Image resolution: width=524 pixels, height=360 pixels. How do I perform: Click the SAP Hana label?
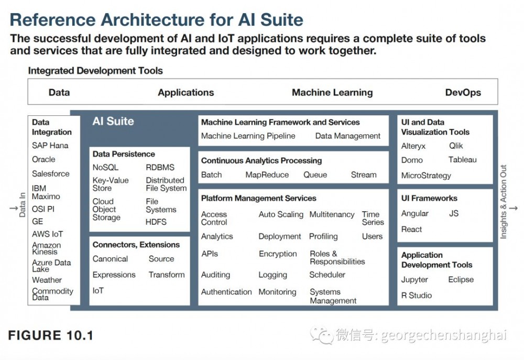(x=50, y=145)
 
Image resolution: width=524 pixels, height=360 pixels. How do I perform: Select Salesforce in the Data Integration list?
(x=51, y=173)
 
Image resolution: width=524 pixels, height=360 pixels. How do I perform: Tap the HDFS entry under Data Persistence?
(x=156, y=222)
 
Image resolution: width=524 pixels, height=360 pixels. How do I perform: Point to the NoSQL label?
(x=106, y=167)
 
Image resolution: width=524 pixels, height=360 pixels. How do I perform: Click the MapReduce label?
(x=267, y=175)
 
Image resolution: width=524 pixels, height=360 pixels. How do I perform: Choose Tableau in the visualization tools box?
(x=463, y=160)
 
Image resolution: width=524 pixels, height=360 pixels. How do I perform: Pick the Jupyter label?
(x=414, y=280)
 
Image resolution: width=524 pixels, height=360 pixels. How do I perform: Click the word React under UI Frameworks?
(x=411, y=230)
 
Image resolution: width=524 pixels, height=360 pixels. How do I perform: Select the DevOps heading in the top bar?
(x=463, y=92)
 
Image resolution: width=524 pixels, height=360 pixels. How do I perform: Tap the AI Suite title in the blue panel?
(x=113, y=121)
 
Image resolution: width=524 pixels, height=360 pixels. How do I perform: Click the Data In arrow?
(x=14, y=208)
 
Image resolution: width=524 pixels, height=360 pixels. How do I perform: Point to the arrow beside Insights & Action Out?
(x=514, y=208)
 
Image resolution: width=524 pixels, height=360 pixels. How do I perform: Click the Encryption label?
(x=278, y=254)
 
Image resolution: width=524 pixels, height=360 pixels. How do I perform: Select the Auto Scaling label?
(x=281, y=215)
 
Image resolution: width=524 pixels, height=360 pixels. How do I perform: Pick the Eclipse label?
(x=461, y=279)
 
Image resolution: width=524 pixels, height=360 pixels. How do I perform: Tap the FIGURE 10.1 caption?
(x=50, y=335)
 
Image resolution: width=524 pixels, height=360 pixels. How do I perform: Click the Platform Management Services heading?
(x=259, y=198)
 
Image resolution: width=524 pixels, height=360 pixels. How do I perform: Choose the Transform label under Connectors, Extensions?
(x=167, y=275)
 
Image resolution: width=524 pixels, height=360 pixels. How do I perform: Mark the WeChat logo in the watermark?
(x=322, y=335)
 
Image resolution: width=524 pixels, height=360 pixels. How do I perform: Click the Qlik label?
(x=456, y=146)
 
